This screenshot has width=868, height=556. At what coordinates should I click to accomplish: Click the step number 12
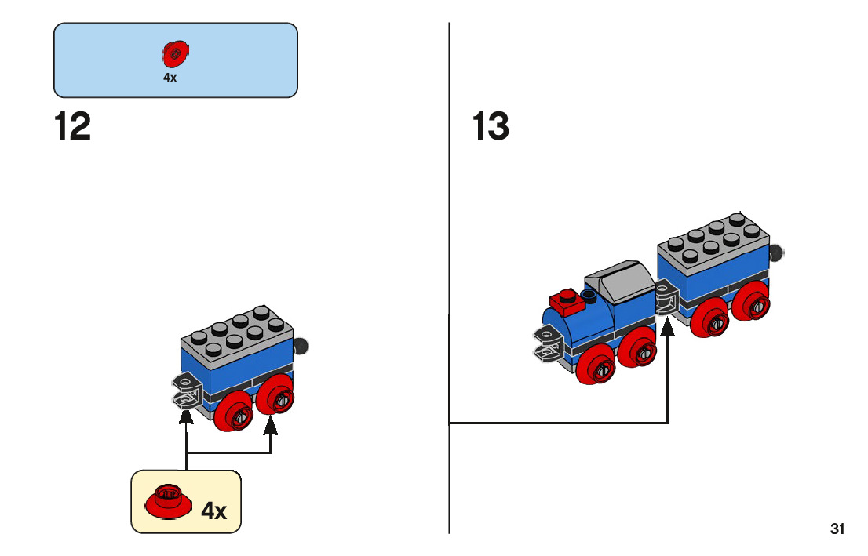72,127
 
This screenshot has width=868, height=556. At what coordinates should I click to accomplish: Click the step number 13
491,127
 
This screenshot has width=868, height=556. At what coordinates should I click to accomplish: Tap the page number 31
837,529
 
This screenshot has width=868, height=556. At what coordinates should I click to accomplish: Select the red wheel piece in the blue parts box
176,53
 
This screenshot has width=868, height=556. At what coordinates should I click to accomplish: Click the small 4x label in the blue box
170,78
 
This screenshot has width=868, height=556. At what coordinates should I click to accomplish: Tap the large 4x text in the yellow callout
213,511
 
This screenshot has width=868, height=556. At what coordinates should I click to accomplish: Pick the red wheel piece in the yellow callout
168,501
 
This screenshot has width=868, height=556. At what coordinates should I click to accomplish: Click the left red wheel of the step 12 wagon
234,410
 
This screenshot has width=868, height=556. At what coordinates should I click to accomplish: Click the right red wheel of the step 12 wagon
275,394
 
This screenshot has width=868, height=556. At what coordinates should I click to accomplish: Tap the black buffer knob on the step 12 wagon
301,347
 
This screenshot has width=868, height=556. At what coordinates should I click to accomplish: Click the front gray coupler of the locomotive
548,343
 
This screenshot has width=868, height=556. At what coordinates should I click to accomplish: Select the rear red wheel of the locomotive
638,347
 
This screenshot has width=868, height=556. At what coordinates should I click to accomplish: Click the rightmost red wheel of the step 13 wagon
751,300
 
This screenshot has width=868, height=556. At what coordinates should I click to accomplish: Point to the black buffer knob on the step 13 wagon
777,253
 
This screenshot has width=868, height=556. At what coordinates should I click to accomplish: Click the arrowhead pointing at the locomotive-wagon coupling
668,326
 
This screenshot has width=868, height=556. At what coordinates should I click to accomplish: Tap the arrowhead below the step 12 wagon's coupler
187,415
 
